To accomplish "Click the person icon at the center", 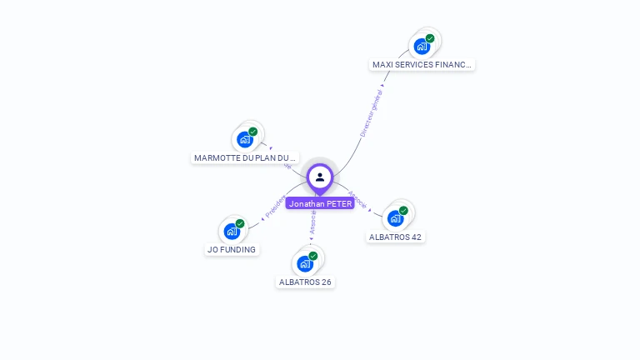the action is (320, 177).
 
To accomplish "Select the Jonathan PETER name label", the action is (320, 203).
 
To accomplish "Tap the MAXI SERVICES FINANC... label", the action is (422, 64).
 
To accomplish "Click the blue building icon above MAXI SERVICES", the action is (422, 47).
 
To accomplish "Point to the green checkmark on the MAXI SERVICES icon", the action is (430, 38).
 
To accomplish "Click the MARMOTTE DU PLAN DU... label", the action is (245, 157).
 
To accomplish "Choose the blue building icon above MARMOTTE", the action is (245, 139).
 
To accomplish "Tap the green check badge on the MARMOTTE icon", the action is (253, 132).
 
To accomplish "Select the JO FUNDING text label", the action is (232, 249).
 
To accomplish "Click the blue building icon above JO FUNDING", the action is (232, 232).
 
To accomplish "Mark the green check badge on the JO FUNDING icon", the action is (240, 223).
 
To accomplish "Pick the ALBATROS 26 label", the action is (305, 282).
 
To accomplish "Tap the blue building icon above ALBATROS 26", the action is (305, 264).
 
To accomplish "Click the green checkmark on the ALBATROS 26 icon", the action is (313, 256).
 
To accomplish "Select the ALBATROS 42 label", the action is (395, 237).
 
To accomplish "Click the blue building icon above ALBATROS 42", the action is (395, 218).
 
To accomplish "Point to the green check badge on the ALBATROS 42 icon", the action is (403, 211).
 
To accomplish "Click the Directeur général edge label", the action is (371, 114).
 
